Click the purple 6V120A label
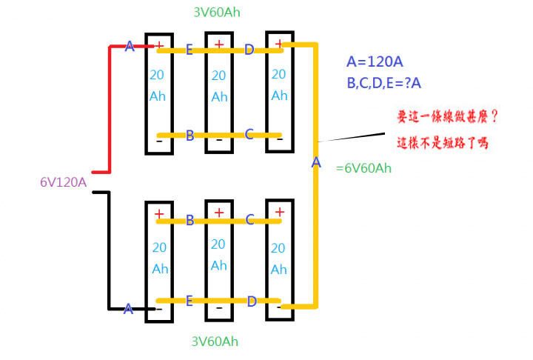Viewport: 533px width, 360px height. click(x=63, y=182)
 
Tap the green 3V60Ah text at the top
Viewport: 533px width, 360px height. click(x=217, y=13)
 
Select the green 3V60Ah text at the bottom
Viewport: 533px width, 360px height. click(x=215, y=341)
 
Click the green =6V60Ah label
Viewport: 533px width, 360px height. click(x=363, y=168)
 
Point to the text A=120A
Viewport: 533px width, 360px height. click(x=375, y=61)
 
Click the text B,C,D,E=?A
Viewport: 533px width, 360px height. click(x=383, y=83)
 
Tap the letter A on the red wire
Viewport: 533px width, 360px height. click(x=130, y=46)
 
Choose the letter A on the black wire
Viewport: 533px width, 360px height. click(x=128, y=309)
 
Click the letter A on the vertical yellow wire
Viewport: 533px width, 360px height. click(x=316, y=162)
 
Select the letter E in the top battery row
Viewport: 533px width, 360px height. click(x=190, y=50)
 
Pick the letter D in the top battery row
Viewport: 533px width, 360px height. click(x=249, y=50)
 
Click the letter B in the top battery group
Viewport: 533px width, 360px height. click(x=190, y=136)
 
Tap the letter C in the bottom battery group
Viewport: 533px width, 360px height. click(x=250, y=219)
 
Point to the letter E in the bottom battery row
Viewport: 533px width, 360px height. click(x=190, y=301)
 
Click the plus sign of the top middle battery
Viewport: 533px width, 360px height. click(x=219, y=44)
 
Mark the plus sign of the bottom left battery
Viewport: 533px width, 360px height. click(x=159, y=213)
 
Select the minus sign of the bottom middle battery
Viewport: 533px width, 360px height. click(x=219, y=308)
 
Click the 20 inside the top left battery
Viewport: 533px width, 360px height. click(x=157, y=75)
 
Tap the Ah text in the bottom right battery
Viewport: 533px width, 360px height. click(x=279, y=270)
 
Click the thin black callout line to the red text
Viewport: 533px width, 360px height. click(x=351, y=137)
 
